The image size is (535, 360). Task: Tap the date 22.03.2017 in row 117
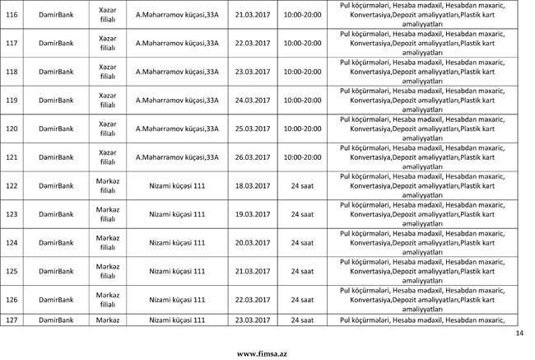pos(252,44)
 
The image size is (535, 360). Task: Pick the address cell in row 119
pos(176,101)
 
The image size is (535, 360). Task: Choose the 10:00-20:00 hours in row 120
pos(302,129)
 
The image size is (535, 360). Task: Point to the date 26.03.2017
pos(252,157)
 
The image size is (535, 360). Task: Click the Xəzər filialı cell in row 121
pos(107,157)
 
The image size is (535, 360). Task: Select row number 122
pos(12,186)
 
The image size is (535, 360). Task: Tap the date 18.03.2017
pos(252,186)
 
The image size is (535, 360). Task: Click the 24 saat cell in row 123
pos(302,214)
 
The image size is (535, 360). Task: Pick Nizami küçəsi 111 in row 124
pos(176,243)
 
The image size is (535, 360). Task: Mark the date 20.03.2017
pos(252,243)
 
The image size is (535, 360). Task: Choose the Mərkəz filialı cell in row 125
pos(107,271)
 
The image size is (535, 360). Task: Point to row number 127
pos(12,320)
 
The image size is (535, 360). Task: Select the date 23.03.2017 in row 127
pos(252,320)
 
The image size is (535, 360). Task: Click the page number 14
pos(519,333)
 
